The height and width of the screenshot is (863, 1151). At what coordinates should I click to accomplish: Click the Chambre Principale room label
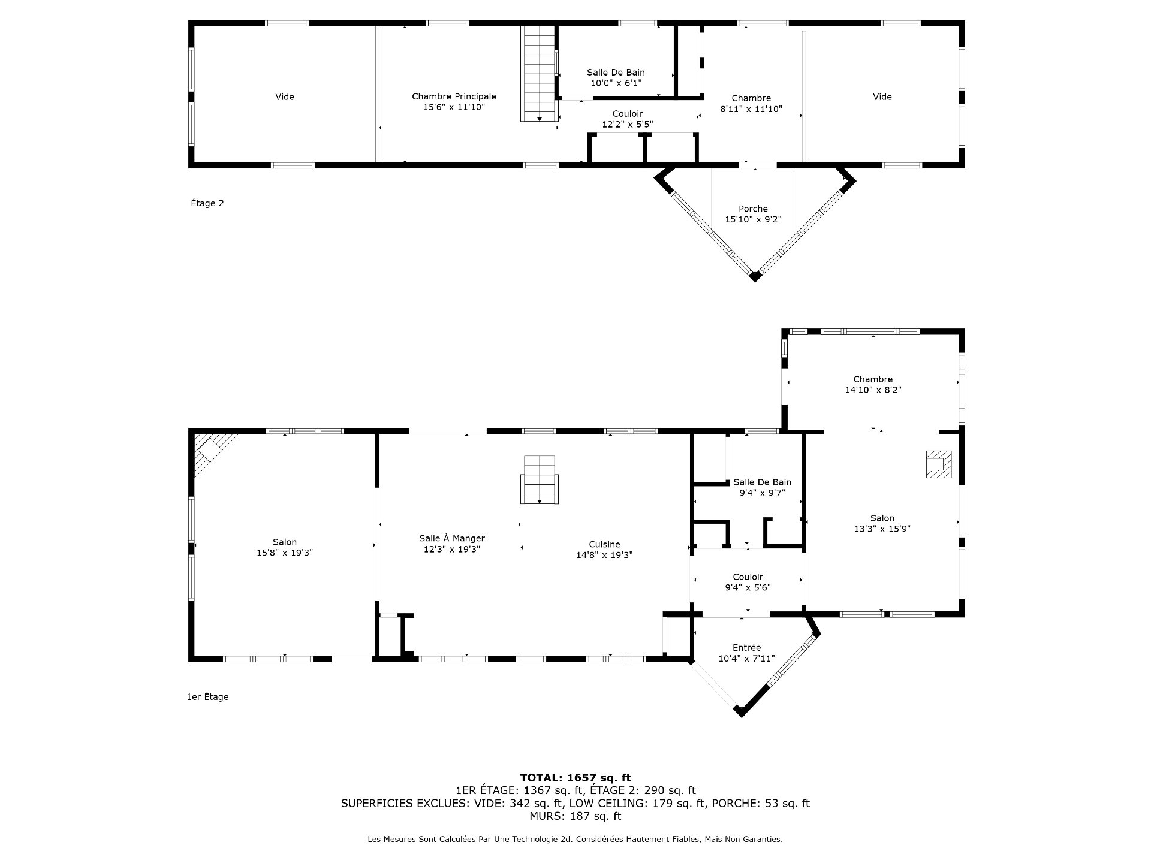454,96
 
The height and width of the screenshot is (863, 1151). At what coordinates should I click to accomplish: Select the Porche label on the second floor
754,209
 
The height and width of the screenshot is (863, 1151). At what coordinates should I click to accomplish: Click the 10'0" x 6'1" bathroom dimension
616,83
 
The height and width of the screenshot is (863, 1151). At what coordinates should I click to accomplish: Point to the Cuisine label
604,544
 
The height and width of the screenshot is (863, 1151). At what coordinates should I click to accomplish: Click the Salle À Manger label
452,538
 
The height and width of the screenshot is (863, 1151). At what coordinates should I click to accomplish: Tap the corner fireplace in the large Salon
215,454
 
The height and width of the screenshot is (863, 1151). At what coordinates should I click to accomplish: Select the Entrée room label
747,647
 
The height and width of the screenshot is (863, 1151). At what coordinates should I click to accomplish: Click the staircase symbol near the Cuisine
540,480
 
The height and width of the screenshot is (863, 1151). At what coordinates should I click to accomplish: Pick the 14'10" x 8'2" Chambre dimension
873,390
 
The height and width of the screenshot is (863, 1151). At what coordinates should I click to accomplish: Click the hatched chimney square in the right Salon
939,464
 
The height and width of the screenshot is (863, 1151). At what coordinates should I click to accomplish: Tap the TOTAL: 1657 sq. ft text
575,778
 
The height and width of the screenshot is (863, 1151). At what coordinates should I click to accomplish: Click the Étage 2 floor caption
207,203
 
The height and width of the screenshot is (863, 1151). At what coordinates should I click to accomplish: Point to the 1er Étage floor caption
207,697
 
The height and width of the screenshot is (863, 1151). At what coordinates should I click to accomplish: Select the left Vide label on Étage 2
285,96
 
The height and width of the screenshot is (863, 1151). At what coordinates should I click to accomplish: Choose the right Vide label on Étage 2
882,96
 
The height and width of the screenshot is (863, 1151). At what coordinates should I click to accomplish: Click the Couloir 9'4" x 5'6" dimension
748,587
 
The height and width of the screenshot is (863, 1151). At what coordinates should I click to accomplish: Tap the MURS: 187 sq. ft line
575,816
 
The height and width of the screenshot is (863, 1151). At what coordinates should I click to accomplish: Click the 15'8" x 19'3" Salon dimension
285,553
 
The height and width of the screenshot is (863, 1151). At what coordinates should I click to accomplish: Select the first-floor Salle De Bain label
763,482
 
